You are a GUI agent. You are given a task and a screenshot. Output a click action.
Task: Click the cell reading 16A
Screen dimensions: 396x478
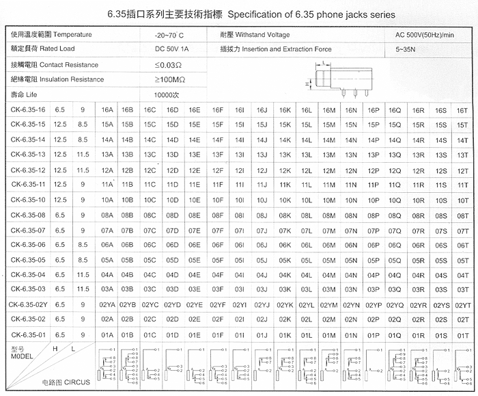pos(107,110)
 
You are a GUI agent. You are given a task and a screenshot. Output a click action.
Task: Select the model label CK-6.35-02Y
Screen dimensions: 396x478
pos(28,304)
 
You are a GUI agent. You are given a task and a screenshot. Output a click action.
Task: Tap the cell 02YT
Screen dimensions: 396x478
pos(463,304)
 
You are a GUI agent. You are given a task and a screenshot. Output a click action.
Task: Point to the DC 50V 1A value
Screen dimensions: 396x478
pos(172,50)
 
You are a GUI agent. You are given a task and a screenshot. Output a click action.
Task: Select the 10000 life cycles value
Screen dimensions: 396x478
pos(166,94)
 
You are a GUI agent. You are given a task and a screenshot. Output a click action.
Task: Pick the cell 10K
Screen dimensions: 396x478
pos(285,200)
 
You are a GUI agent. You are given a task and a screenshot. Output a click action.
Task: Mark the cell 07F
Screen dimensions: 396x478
pos(218,230)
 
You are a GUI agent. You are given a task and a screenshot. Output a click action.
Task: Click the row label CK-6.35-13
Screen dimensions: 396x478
pos(28,155)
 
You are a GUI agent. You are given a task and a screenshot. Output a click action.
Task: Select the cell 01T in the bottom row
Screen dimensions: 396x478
pos(463,334)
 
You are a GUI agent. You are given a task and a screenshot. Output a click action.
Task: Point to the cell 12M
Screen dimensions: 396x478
pos(328,170)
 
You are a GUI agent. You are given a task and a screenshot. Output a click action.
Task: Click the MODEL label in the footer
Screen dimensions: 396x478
pos(21,355)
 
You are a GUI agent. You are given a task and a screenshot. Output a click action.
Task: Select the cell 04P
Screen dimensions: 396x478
pos(374,275)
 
